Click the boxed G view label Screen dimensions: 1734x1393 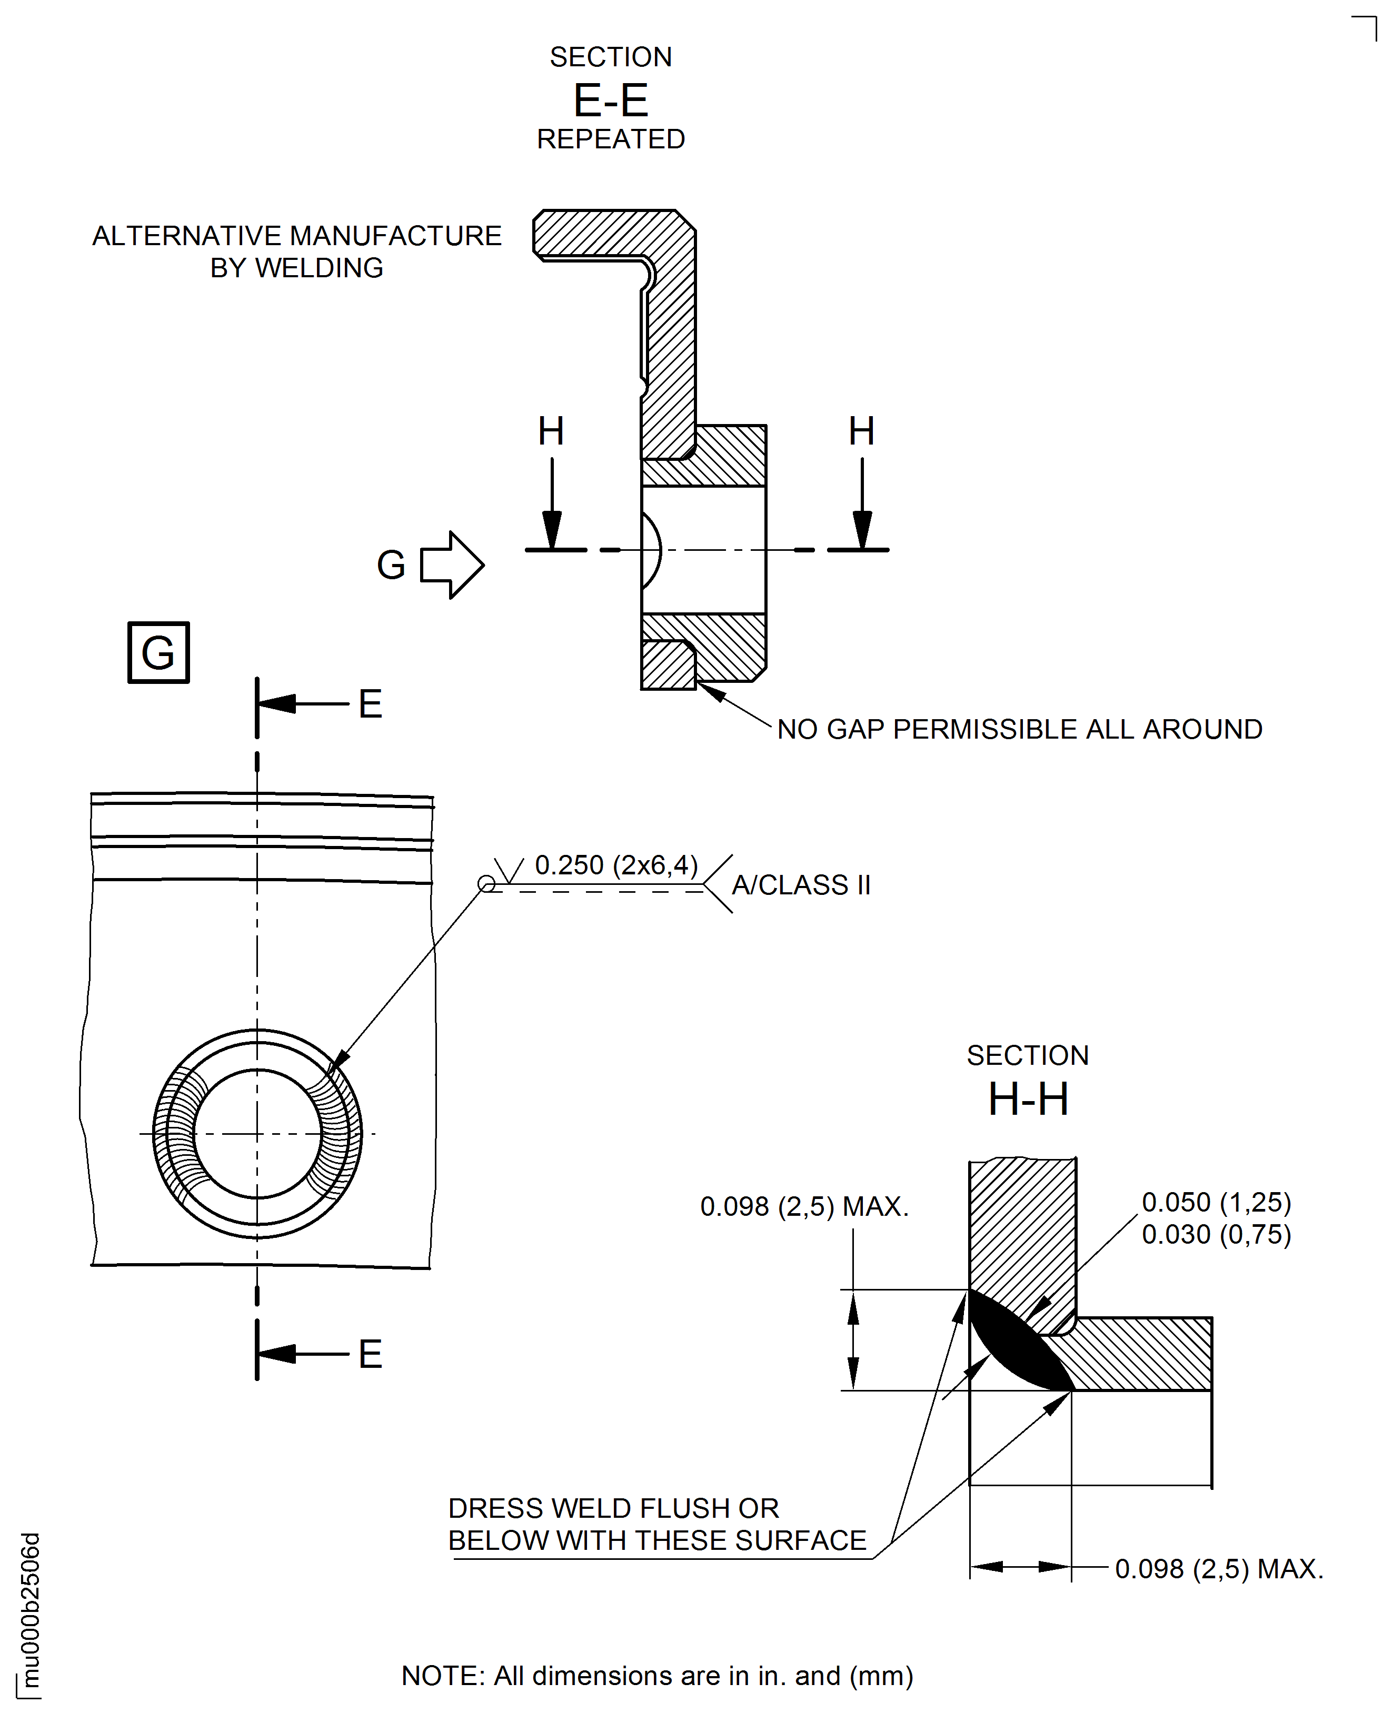(158, 652)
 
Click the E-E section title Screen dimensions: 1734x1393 (611, 100)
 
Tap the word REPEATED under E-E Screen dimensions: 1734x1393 (611, 139)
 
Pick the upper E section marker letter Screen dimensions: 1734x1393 (370, 704)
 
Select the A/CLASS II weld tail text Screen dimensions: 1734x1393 (801, 885)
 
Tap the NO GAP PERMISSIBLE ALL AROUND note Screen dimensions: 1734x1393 (1019, 730)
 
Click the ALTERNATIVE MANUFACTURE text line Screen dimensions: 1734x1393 (297, 236)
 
